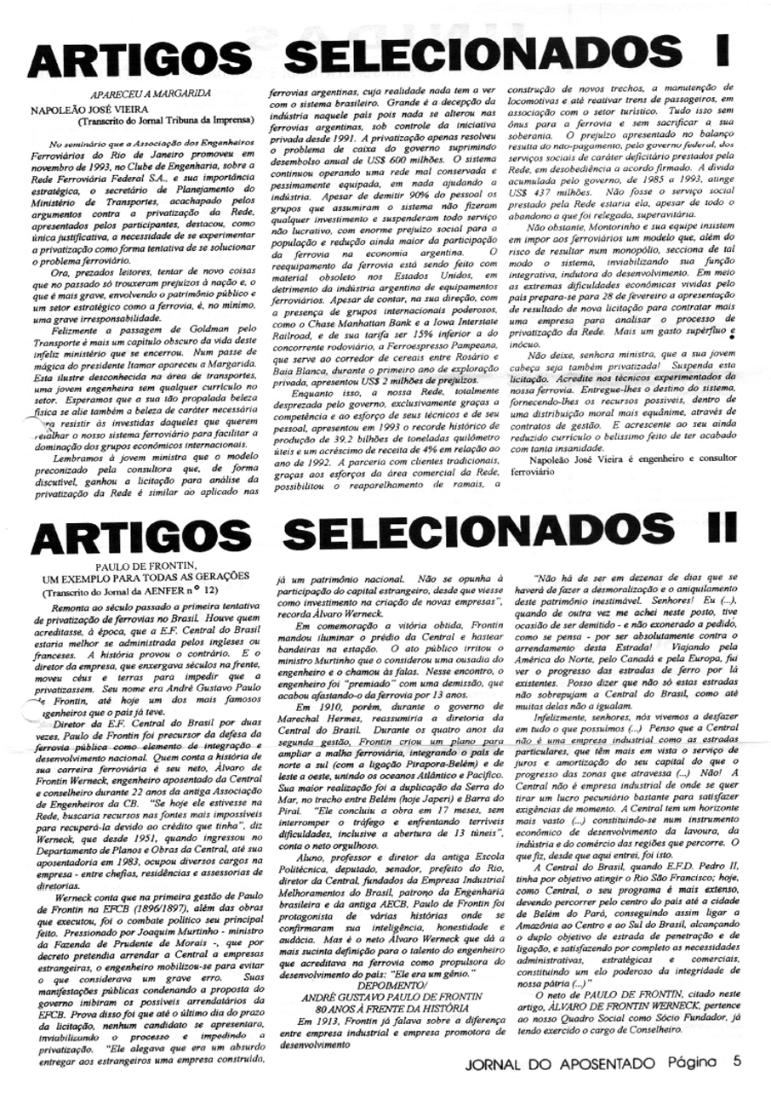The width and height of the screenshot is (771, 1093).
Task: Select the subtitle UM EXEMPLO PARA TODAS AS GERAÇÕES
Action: [130, 577]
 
